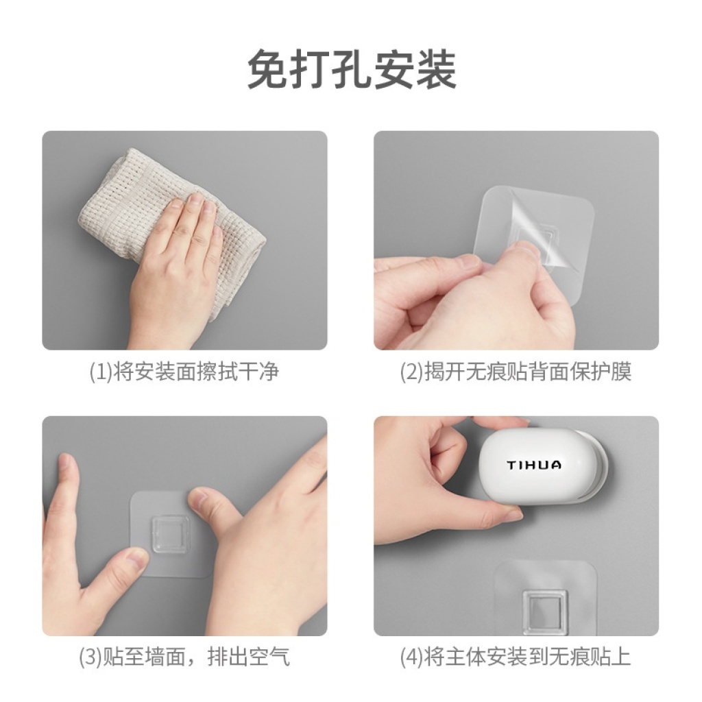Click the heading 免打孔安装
pos(352,69)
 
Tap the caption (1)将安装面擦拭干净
pos(184,372)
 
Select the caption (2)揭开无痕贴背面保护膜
pos(516,372)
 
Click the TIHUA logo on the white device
pos(533,465)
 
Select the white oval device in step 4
pos(543,466)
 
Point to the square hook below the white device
pos(545,612)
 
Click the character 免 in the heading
pos(268,69)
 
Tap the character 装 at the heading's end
pos(436,69)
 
